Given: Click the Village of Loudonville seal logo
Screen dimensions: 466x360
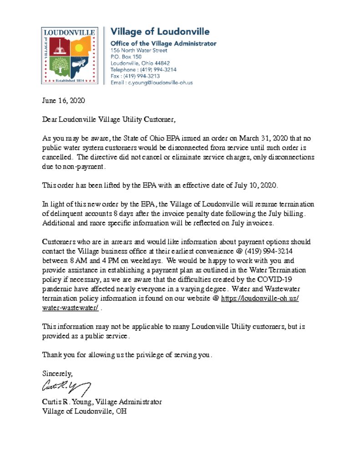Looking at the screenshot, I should [x=69, y=56].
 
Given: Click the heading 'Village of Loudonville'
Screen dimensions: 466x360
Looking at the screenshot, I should [x=160, y=32].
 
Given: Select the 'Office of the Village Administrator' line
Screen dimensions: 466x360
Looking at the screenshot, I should [x=163, y=44].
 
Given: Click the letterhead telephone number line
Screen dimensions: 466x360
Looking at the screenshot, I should [x=143, y=70].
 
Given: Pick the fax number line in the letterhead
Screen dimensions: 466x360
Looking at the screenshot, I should [x=135, y=76].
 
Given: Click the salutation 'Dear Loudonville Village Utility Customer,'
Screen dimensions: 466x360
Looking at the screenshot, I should [x=108, y=120].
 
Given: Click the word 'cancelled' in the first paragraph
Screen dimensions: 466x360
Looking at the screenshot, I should [x=57, y=157].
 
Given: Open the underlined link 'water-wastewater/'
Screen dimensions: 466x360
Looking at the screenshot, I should [x=70, y=308].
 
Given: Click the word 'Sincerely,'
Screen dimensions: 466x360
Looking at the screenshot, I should [x=57, y=374].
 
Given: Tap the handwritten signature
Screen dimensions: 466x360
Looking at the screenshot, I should [x=66, y=388].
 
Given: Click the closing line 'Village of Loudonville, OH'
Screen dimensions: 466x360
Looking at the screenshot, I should [x=84, y=411].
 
